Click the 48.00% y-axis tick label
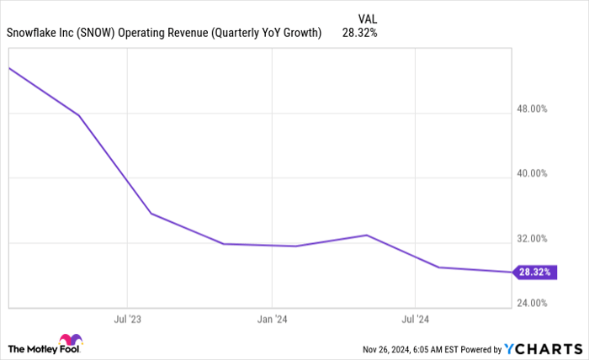point(532,109)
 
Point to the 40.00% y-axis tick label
point(532,174)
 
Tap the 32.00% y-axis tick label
point(532,239)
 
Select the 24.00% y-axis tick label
point(532,304)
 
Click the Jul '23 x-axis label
point(127,320)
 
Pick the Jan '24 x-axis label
point(272,320)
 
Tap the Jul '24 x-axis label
point(416,320)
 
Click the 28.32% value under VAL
point(359,34)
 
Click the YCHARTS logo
point(542,348)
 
